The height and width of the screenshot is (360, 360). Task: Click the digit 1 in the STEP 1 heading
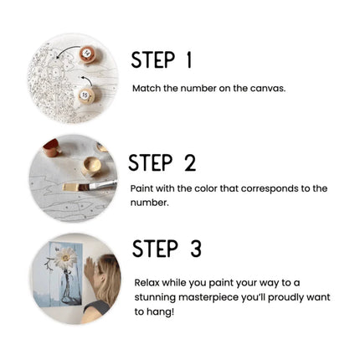point(189,60)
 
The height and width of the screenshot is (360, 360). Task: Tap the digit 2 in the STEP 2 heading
point(190,162)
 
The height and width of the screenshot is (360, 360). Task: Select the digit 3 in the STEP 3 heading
point(196,249)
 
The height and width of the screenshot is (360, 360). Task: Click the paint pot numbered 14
point(87,54)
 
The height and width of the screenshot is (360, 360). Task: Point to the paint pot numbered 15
point(85,95)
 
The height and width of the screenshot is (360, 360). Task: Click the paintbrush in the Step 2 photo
point(90,186)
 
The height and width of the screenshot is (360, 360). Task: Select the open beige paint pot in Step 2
point(91,166)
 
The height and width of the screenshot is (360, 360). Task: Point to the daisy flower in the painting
point(65,258)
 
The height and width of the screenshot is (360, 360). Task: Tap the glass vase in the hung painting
point(68,288)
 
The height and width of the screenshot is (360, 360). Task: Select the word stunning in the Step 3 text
point(155,297)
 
